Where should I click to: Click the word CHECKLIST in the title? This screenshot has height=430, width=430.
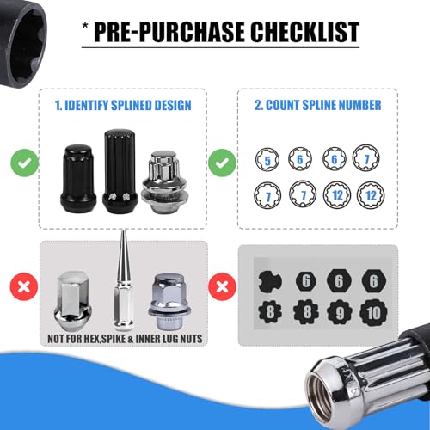coord(305,32)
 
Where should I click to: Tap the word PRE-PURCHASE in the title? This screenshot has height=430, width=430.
coord(169,32)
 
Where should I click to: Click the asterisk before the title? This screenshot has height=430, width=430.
coord(85,26)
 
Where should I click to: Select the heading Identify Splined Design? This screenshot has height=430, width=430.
coord(123,105)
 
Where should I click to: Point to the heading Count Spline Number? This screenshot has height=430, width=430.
coord(318,105)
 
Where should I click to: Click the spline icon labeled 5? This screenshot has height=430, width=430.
coord(267,159)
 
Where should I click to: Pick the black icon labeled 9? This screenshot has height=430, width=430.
coord(340,312)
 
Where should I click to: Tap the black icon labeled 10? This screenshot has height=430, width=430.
coord(373,312)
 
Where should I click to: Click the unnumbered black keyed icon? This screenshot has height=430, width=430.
coord(270,281)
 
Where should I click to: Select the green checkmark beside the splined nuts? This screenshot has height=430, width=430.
coord(25,163)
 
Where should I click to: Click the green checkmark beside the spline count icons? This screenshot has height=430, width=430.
coord(222,163)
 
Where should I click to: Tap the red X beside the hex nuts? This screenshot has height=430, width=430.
coord(24,286)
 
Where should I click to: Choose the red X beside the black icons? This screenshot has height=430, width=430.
coord(222,286)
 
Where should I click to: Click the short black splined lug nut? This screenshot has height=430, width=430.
coord(78,179)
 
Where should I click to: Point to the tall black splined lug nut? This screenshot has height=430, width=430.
coord(120,171)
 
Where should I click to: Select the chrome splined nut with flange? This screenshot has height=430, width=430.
coord(164,182)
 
